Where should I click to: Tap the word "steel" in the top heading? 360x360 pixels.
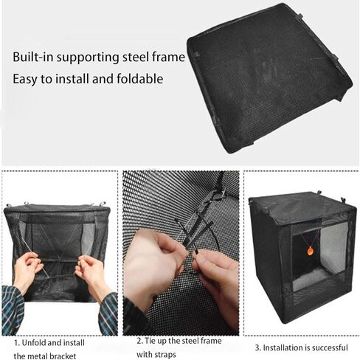[136, 57]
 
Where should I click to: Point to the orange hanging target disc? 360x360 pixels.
[311, 251]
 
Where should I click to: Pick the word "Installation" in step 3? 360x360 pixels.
[281, 347]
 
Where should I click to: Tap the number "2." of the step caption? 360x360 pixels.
[140, 341]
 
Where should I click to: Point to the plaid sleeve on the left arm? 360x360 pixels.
[13, 311]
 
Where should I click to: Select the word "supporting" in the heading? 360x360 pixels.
[89, 58]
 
